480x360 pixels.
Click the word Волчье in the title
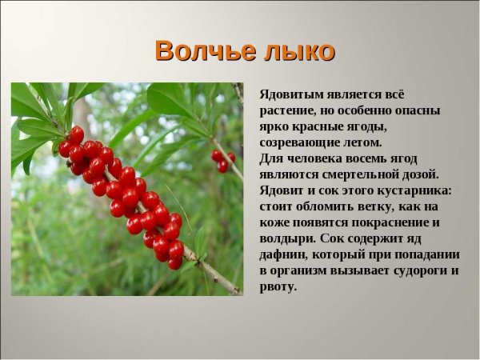[x=205, y=50]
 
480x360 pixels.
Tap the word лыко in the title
[x=298, y=50]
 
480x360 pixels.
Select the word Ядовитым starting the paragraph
[x=290, y=94]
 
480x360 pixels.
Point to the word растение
[x=289, y=110]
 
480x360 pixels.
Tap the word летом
[x=362, y=142]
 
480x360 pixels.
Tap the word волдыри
[x=286, y=238]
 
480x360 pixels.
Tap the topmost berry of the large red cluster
[x=76, y=134]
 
